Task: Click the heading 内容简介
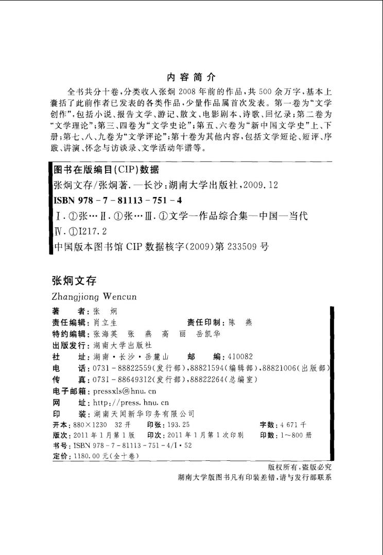[191, 78]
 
